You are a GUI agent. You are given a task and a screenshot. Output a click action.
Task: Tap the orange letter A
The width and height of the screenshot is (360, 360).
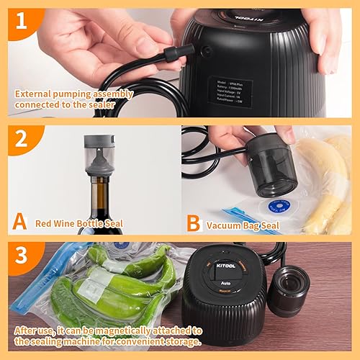20,223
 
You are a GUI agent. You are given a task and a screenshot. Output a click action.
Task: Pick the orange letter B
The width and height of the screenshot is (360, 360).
192,223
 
